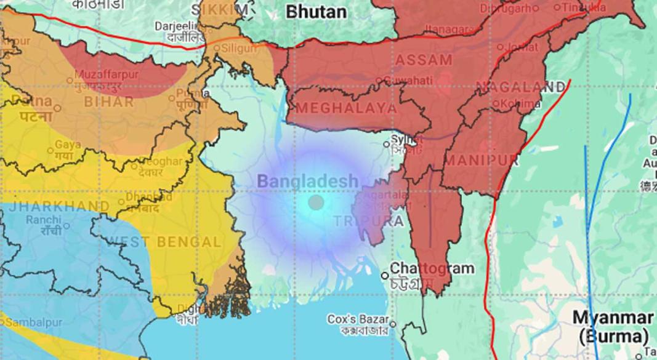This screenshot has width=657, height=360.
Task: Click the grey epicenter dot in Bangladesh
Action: click(316, 202)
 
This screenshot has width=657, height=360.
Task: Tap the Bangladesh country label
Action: click(307, 181)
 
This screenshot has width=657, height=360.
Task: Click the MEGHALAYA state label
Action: click(347, 108)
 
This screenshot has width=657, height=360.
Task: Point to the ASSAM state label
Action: click(424, 60)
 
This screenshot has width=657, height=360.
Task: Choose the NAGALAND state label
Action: click(520, 87)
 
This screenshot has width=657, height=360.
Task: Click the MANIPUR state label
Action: click(481, 161)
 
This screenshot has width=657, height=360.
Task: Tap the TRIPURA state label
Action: click(369, 221)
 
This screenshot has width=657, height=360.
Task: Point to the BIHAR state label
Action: click(109, 102)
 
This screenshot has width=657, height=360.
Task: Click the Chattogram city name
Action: click(432, 268)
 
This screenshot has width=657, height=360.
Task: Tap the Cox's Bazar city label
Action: click(358, 319)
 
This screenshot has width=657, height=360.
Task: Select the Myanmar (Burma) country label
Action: click(613, 327)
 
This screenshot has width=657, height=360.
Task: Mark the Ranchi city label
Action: click(43, 220)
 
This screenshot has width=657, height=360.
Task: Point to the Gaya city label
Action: click(68, 145)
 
